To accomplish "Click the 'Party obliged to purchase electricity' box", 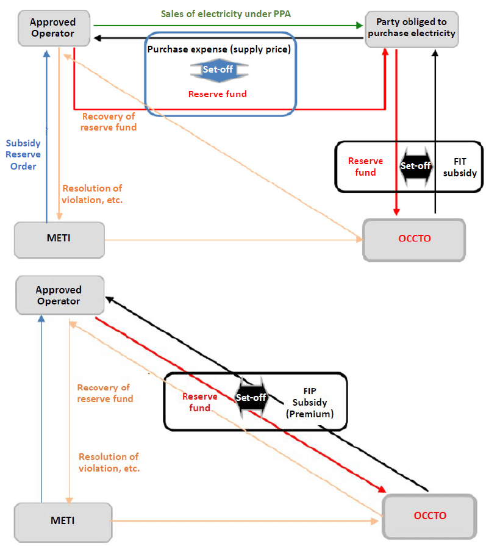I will click(x=412, y=28).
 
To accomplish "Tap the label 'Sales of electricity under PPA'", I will click(x=229, y=13).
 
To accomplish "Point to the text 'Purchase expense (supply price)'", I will click(x=220, y=48).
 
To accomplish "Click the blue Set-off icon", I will click(x=219, y=70).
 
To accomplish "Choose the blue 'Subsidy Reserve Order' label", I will click(x=23, y=155).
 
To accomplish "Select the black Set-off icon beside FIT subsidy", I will click(x=416, y=165).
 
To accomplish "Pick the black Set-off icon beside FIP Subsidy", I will click(x=251, y=397).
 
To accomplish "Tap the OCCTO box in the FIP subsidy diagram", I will click(x=429, y=516).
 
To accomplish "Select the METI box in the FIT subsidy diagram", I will click(x=59, y=238).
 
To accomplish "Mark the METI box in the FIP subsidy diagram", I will click(x=63, y=522).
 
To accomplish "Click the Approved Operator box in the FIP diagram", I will click(x=59, y=296).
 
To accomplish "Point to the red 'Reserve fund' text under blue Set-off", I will click(x=218, y=94).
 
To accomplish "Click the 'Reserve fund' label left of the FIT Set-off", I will click(x=365, y=167).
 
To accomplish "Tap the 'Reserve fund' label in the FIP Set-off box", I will click(x=200, y=402).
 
